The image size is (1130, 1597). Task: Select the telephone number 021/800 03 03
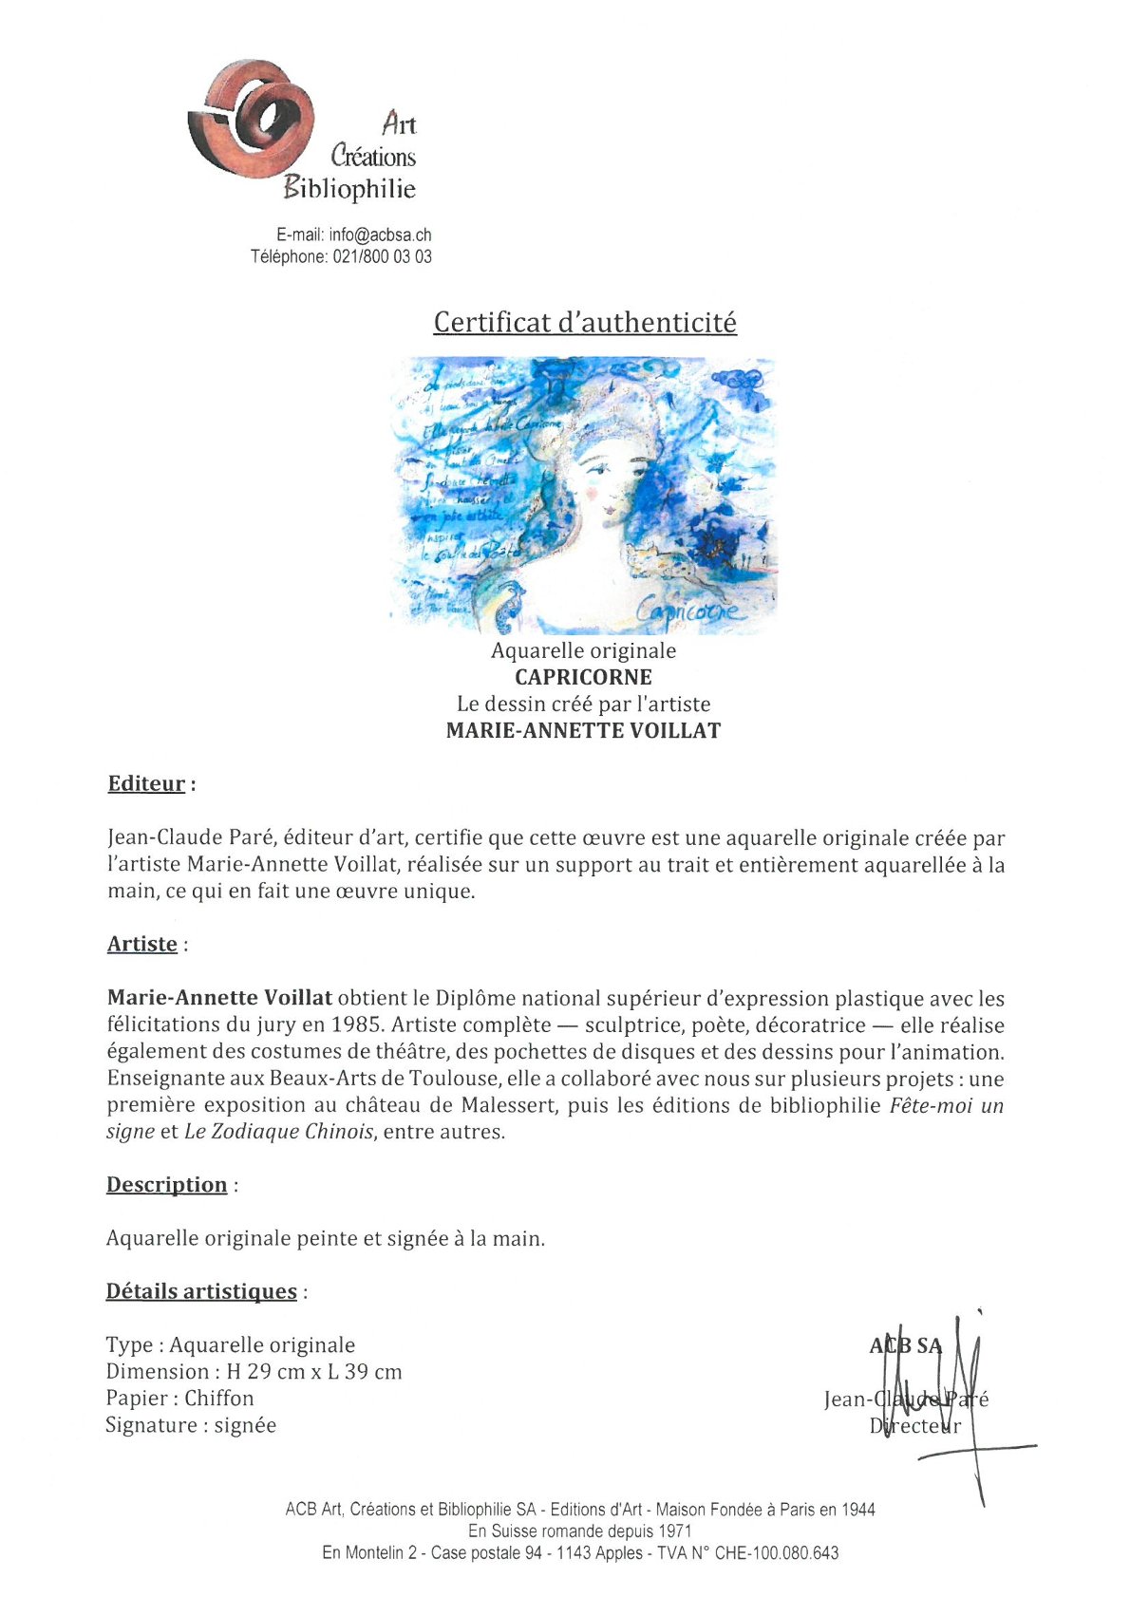coord(382,256)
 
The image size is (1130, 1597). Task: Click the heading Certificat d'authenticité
coord(585,323)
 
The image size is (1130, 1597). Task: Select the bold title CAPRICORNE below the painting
coord(583,677)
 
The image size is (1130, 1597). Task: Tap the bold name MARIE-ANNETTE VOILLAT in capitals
coord(583,730)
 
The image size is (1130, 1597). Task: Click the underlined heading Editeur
coord(146,784)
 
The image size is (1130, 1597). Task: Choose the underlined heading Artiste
coord(142,944)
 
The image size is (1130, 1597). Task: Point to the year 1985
coord(357,1025)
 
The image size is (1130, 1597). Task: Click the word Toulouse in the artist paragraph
coord(453,1079)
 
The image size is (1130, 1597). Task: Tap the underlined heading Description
coord(167,1185)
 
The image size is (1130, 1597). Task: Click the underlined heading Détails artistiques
coord(201,1291)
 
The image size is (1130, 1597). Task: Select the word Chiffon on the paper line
coord(219,1399)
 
